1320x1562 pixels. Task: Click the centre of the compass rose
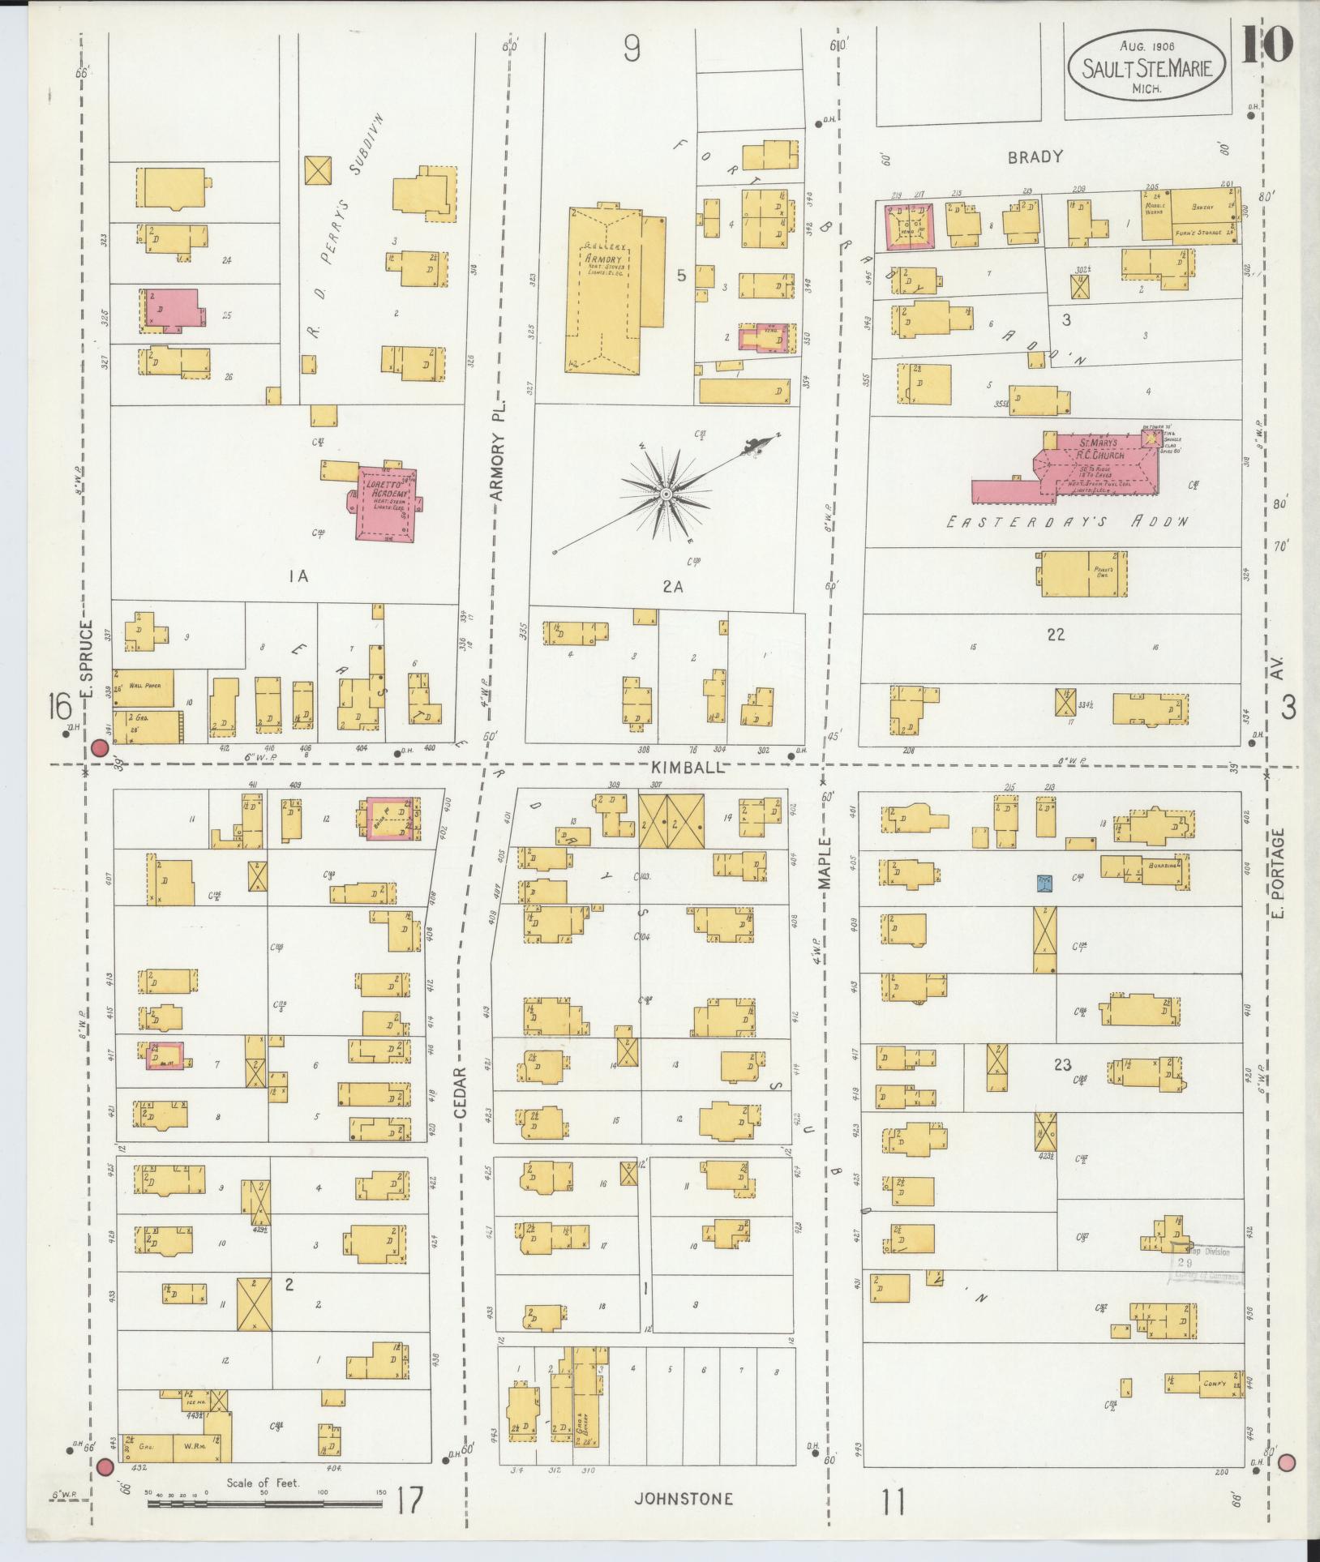(665, 494)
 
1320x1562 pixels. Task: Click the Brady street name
(1035, 157)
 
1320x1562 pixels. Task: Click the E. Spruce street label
(89, 661)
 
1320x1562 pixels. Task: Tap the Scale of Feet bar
(264, 1504)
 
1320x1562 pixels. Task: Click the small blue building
(1045, 882)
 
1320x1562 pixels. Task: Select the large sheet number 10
(1266, 45)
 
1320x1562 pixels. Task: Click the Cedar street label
(461, 1092)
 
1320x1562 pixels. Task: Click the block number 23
(1062, 1064)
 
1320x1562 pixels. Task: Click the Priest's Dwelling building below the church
(1082, 575)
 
